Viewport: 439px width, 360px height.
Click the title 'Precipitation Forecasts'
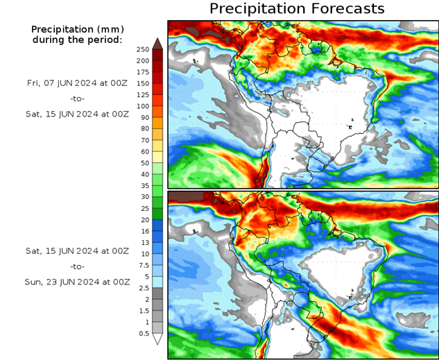pyautogui.click(x=296, y=9)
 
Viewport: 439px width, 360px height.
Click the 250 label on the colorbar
pyautogui.click(x=144, y=49)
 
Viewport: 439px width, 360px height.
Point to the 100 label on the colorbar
pyautogui.click(x=144, y=106)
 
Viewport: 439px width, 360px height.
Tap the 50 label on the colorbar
pyautogui.click(x=144, y=163)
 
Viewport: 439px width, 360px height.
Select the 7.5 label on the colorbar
pyautogui.click(x=144, y=264)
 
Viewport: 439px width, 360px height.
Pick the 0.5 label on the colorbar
pyautogui.click(x=144, y=333)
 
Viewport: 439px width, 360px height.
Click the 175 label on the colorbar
pyautogui.click(x=144, y=72)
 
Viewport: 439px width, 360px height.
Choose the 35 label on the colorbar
pyautogui.click(x=144, y=185)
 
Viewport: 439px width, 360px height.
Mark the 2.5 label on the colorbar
pyautogui.click(x=144, y=287)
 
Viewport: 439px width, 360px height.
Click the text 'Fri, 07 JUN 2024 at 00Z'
pyautogui.click(x=77, y=83)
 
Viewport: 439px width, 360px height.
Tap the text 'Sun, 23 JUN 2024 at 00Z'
pyautogui.click(x=77, y=282)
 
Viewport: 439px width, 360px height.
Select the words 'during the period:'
pyautogui.click(x=77, y=40)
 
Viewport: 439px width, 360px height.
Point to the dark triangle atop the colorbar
pyautogui.click(x=157, y=43)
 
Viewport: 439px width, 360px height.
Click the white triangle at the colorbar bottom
pyautogui.click(x=157, y=339)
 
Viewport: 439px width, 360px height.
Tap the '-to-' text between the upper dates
pyautogui.click(x=77, y=98)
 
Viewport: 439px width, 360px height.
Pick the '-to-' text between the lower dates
pyautogui.click(x=77, y=266)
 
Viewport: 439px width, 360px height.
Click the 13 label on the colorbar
pyautogui.click(x=144, y=242)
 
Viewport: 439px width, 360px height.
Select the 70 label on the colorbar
pyautogui.click(x=144, y=140)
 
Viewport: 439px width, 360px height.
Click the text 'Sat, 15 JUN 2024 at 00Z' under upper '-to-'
pyautogui.click(x=77, y=114)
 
